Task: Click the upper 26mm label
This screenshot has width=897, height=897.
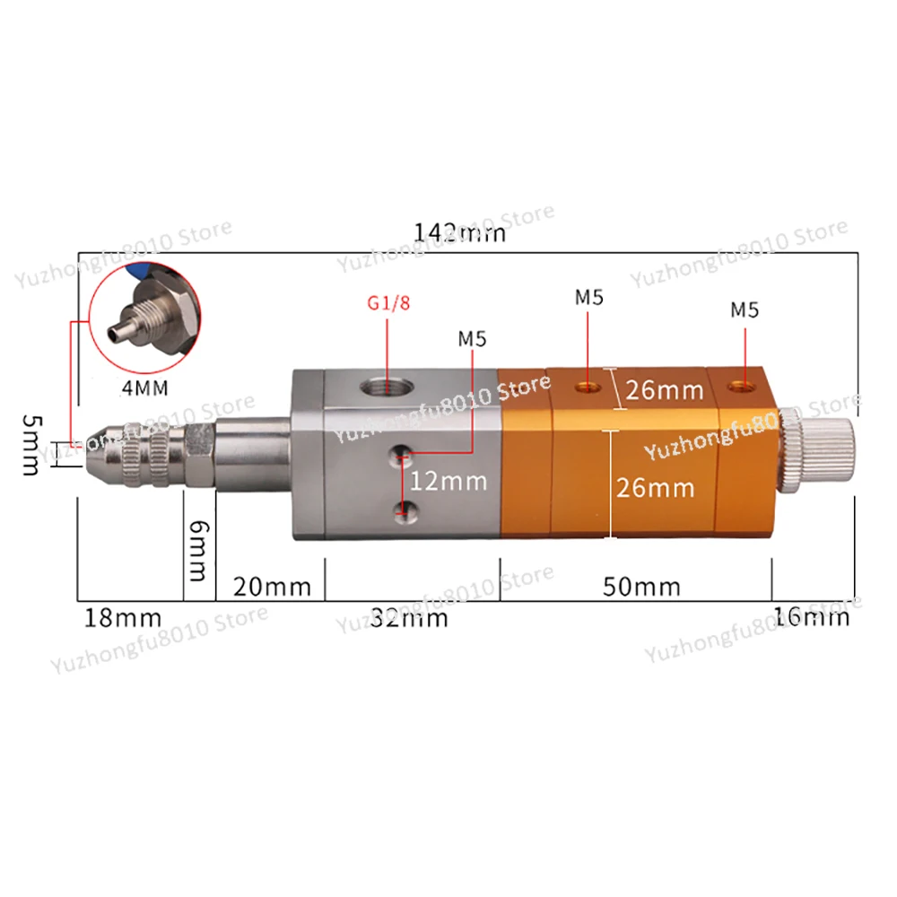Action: click(665, 390)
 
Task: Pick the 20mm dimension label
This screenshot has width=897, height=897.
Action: click(272, 588)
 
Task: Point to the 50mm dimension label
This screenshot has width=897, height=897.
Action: click(641, 588)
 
